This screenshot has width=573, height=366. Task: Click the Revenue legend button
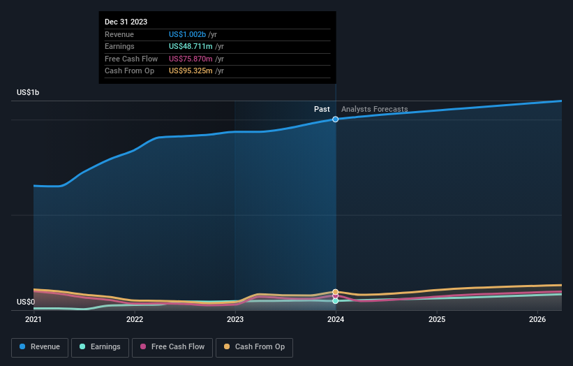40,347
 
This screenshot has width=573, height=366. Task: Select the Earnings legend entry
100,347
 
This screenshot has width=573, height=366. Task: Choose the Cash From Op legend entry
254,347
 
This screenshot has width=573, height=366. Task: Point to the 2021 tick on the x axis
34,320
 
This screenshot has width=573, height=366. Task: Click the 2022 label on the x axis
135,320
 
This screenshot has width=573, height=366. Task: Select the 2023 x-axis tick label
235,320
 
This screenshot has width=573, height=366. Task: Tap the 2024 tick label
336,320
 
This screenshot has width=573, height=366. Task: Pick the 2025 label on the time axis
437,320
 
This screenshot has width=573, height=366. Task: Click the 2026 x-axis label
537,320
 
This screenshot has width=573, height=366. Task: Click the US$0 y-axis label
26,302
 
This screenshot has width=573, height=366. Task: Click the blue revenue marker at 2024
336,119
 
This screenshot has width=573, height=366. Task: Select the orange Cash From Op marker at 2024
336,292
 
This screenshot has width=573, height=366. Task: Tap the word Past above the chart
322,109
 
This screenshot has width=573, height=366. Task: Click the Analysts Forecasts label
374,109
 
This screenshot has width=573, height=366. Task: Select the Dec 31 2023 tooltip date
126,22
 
